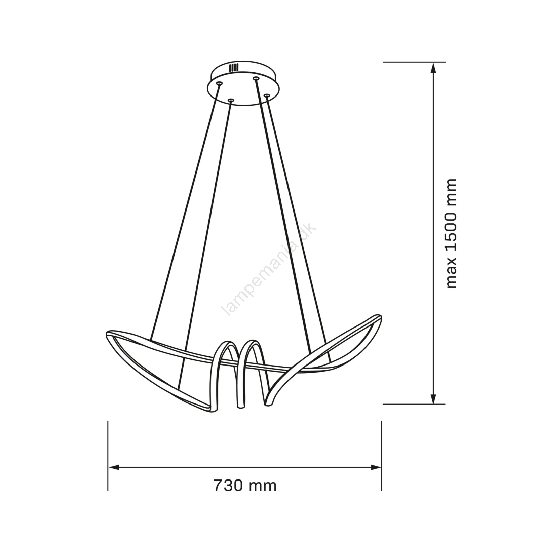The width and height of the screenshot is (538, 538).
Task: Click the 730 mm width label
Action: point(245,486)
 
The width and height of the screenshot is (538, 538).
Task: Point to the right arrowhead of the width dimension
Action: point(376,467)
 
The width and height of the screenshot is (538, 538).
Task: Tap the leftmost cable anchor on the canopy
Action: point(219,83)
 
